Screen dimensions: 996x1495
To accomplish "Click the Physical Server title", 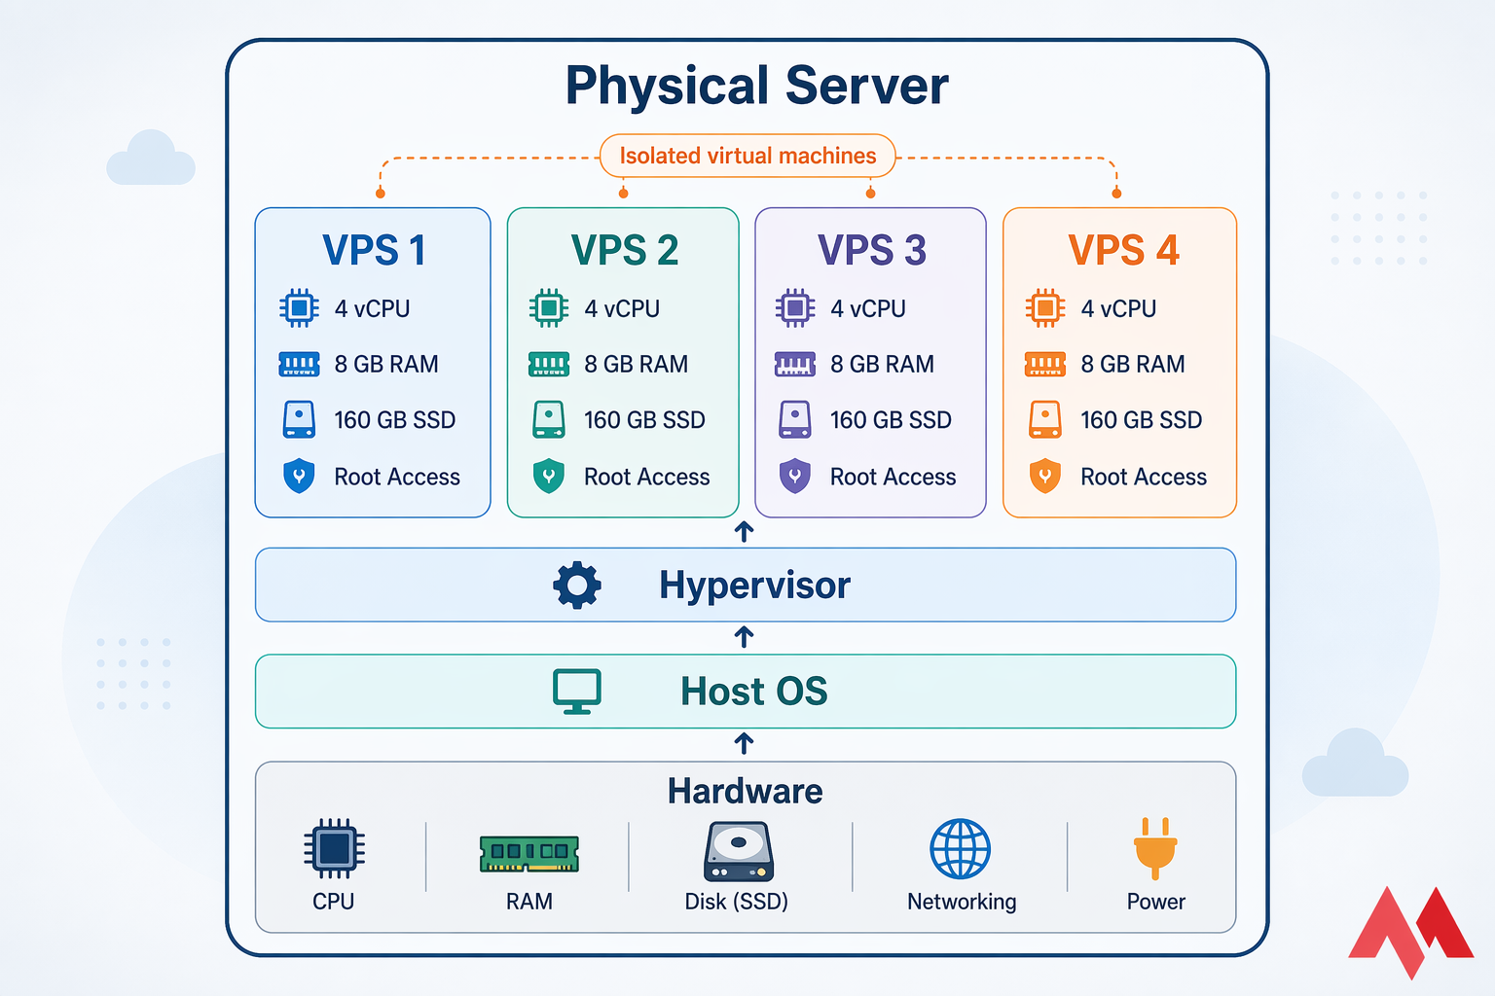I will (x=756, y=86).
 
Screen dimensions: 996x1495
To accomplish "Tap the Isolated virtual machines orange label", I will (x=747, y=156).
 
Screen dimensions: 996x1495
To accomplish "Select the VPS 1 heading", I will (x=374, y=250).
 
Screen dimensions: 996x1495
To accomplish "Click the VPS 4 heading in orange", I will (x=1123, y=250).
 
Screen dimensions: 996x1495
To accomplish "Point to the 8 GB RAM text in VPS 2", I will (x=636, y=364).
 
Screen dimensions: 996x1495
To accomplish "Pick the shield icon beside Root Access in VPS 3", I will (x=795, y=477).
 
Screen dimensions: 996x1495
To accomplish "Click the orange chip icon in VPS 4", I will (x=1045, y=308).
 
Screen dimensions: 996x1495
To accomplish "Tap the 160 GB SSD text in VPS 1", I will (x=394, y=420).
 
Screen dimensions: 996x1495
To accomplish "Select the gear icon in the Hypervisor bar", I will (x=577, y=585).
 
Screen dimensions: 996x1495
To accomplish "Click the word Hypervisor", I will (x=754, y=585).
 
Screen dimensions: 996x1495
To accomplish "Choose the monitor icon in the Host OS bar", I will (x=577, y=691).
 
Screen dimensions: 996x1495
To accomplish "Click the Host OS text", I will (x=753, y=691).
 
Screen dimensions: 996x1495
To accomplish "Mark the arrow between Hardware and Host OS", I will (x=745, y=744).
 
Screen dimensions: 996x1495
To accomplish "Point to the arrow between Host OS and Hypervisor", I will (x=745, y=637).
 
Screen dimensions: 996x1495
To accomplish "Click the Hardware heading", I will (x=745, y=791).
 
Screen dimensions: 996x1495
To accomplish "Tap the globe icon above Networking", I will (x=960, y=848).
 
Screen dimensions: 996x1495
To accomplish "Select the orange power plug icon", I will (x=1155, y=847).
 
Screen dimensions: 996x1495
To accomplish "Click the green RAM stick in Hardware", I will (x=529, y=853).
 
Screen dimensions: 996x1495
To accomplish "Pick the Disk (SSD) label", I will (x=736, y=902).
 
